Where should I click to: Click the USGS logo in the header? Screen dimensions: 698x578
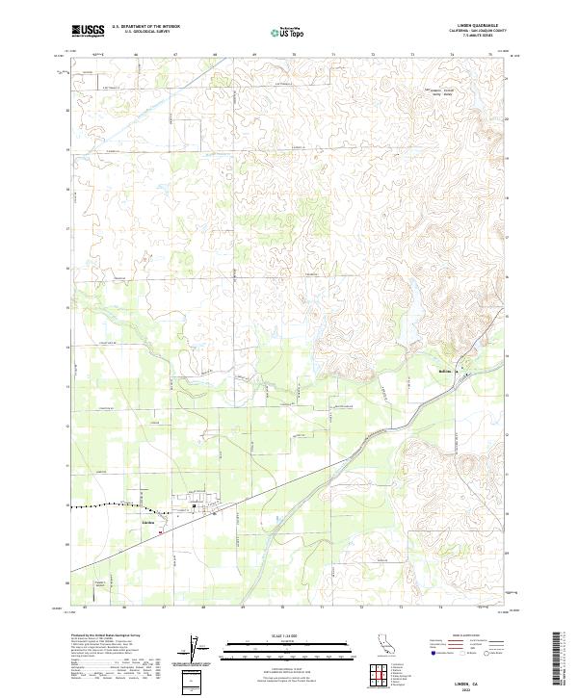coord(88,31)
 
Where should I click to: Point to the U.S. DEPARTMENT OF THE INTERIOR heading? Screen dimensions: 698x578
coord(145,26)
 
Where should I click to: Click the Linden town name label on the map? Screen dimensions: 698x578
coord(148,522)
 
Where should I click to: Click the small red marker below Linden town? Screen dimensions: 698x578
coord(162,529)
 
